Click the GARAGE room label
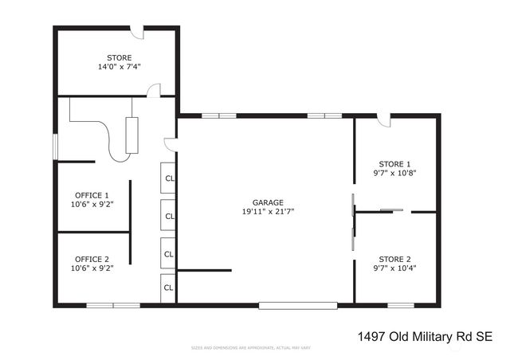[x=263, y=202]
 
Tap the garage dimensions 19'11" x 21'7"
[x=263, y=212]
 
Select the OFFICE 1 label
[x=92, y=195]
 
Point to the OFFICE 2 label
[x=92, y=259]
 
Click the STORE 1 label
[x=395, y=163]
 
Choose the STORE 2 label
[x=395, y=259]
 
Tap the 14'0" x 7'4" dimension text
[x=120, y=67]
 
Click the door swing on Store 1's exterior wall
[x=384, y=120]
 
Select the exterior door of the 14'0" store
[x=137, y=32]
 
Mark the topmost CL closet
[x=169, y=178]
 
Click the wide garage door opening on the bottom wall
[x=298, y=305]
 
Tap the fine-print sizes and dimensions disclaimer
[x=250, y=349]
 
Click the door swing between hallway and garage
[x=170, y=143]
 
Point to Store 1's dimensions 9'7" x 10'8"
[x=395, y=173]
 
